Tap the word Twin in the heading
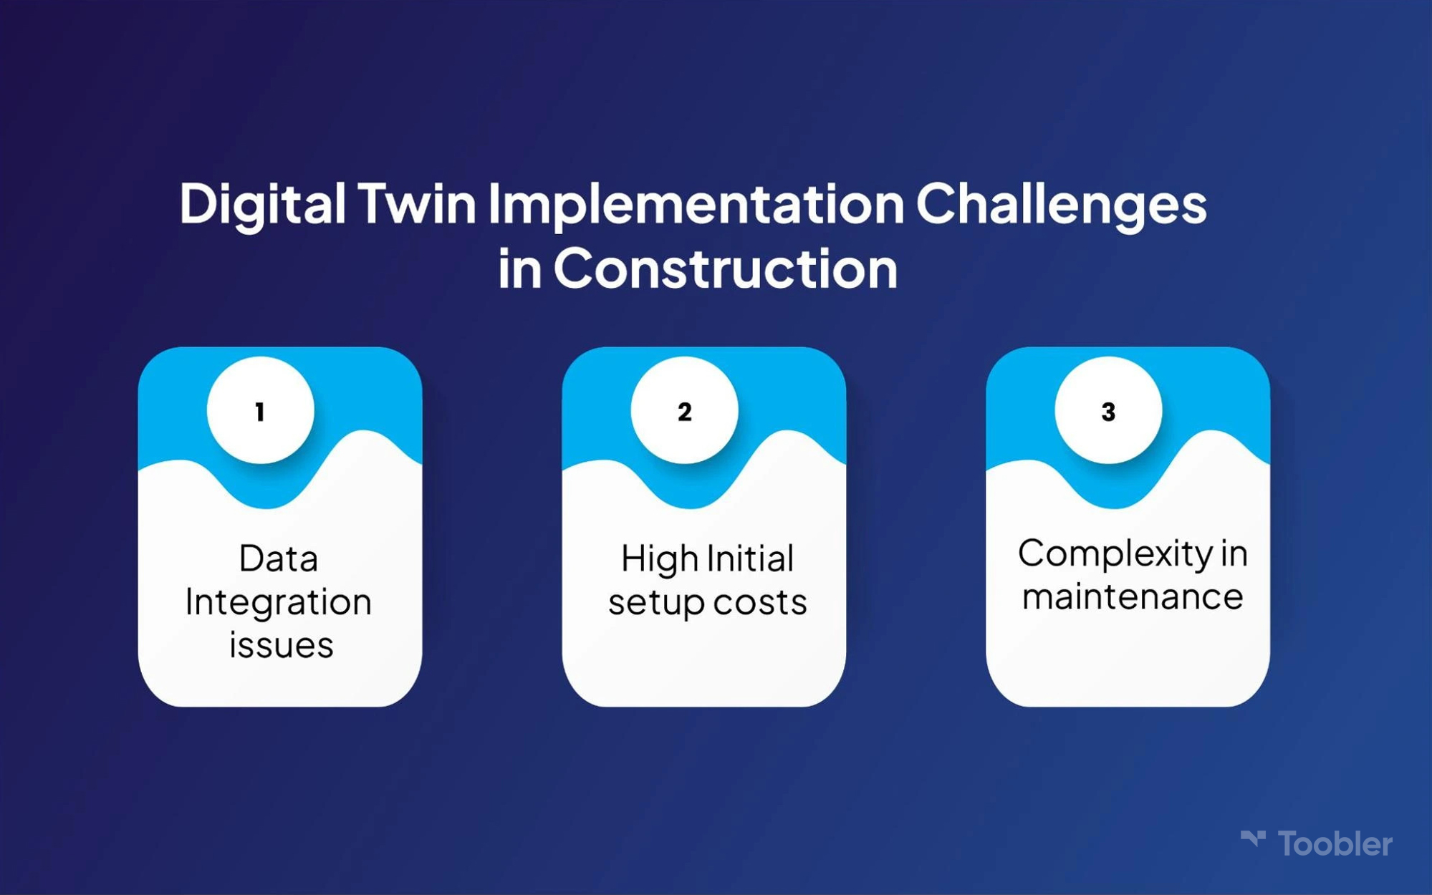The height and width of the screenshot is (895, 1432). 417,203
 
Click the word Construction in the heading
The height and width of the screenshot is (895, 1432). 725,268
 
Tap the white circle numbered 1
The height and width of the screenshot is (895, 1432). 260,410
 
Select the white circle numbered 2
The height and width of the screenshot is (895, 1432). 684,410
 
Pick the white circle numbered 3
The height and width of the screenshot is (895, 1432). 1108,410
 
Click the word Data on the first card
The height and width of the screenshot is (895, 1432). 279,558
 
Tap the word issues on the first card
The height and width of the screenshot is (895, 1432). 282,644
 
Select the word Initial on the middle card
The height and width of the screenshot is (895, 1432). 750,558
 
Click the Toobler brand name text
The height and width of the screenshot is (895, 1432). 1335,844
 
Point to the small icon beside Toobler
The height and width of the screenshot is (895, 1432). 1254,838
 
